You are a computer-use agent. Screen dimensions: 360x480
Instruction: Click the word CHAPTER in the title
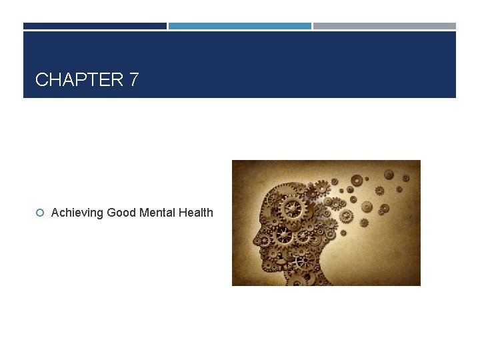click(79, 80)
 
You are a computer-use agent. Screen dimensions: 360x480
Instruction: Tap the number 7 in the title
click(134, 80)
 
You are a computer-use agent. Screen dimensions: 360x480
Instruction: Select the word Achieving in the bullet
click(77, 213)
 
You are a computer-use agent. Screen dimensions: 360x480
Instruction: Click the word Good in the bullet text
click(122, 213)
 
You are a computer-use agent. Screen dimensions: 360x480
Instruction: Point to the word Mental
click(157, 213)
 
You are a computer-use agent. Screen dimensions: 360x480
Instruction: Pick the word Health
click(195, 213)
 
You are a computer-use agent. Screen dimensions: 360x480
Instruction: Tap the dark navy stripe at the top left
click(95, 26)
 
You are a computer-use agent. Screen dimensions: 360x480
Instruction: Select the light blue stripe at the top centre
click(239, 26)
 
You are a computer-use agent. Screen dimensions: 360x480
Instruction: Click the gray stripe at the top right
click(385, 26)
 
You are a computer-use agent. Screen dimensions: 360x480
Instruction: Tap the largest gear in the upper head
click(292, 209)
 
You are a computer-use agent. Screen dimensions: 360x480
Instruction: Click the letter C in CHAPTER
click(41, 80)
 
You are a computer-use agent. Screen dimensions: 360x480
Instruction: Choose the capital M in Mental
click(145, 213)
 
